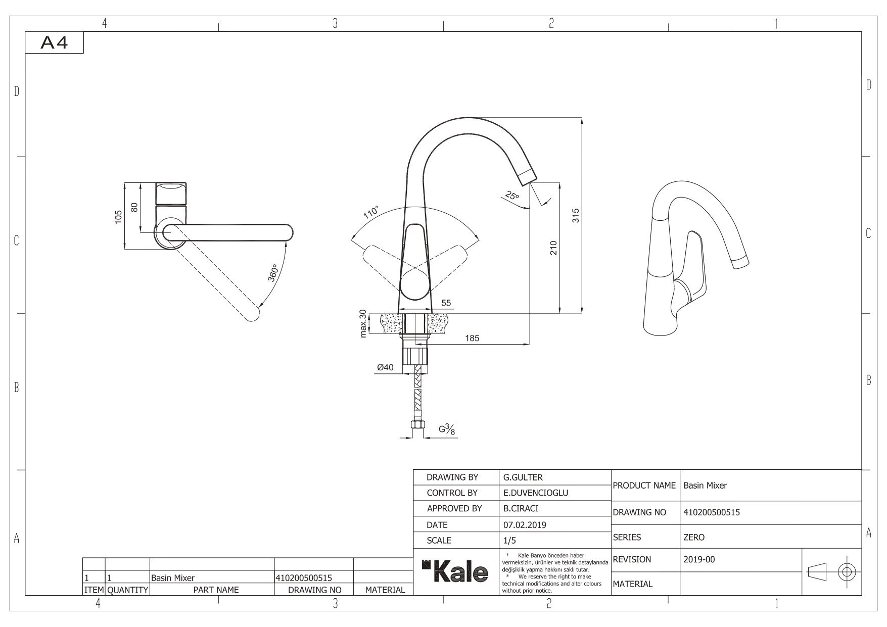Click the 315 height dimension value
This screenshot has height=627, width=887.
(x=576, y=216)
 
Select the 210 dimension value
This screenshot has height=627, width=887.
(x=553, y=248)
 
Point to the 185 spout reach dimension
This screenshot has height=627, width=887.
(x=472, y=338)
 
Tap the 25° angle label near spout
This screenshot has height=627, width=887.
(x=511, y=196)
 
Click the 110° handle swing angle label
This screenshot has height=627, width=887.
(x=371, y=213)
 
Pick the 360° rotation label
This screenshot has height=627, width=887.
(x=273, y=273)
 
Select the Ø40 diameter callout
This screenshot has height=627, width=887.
(x=385, y=367)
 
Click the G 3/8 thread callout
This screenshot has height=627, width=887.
(x=446, y=430)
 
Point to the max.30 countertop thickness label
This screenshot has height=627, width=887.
(x=362, y=323)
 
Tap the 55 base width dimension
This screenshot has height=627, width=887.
(x=446, y=303)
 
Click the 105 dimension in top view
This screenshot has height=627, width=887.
(x=118, y=217)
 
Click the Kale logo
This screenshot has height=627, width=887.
(x=455, y=571)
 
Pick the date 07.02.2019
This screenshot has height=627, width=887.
(x=525, y=525)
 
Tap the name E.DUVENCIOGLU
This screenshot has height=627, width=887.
(x=536, y=493)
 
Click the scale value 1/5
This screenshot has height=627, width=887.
(x=510, y=541)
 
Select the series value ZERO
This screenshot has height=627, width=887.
(x=693, y=538)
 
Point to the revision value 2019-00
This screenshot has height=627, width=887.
(x=699, y=559)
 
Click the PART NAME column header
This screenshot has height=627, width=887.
(x=216, y=590)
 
